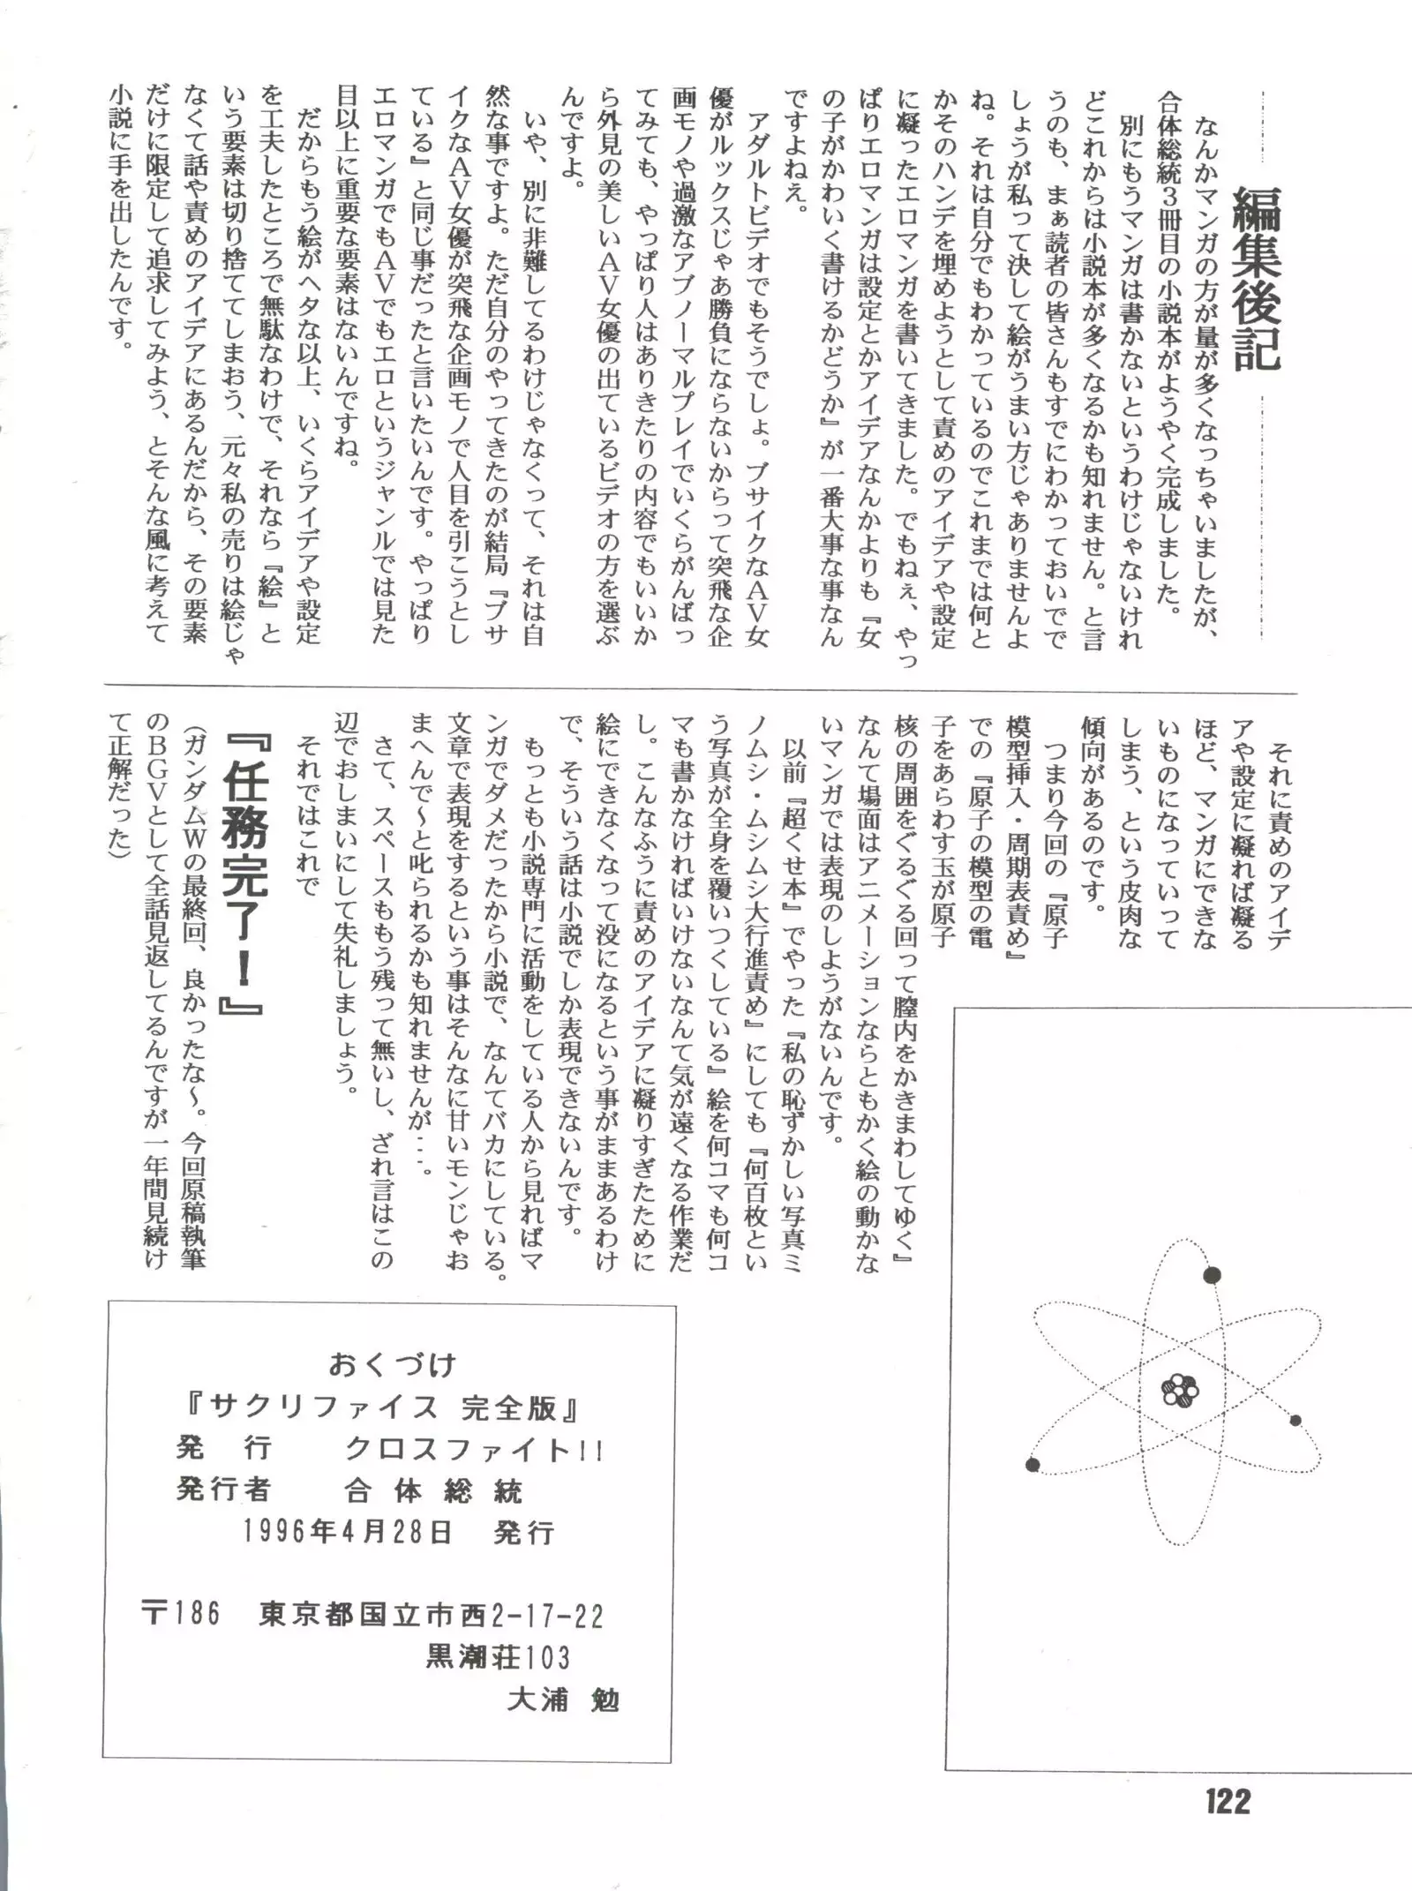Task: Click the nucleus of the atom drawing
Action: (x=1181, y=1392)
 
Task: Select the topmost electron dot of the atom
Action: (x=1213, y=1275)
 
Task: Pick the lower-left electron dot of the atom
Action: (x=1033, y=1466)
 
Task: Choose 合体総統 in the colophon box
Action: (x=433, y=1490)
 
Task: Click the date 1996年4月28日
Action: (x=348, y=1532)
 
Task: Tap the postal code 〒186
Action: (x=180, y=1614)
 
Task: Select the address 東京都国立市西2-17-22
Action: (x=432, y=1616)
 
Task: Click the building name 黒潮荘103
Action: (x=498, y=1657)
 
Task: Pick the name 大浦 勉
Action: (x=563, y=1700)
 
